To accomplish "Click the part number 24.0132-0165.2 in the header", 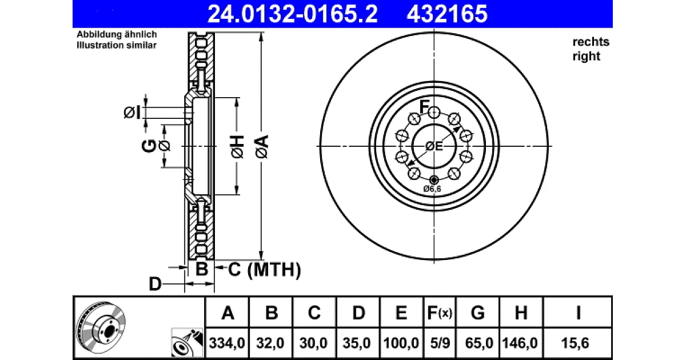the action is pyautogui.click(x=293, y=14).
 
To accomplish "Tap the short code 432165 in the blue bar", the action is pyautogui.click(x=447, y=14).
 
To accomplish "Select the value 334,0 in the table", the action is pyautogui.click(x=227, y=343).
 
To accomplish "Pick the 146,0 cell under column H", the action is pyautogui.click(x=520, y=343).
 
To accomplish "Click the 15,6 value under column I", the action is pyautogui.click(x=575, y=343).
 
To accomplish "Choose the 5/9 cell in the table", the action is pyautogui.click(x=440, y=343).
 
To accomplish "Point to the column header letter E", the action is pyautogui.click(x=401, y=313).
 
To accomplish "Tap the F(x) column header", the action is pyautogui.click(x=440, y=313).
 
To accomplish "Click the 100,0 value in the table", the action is pyautogui.click(x=401, y=343).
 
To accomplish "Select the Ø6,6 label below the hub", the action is pyautogui.click(x=432, y=189).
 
